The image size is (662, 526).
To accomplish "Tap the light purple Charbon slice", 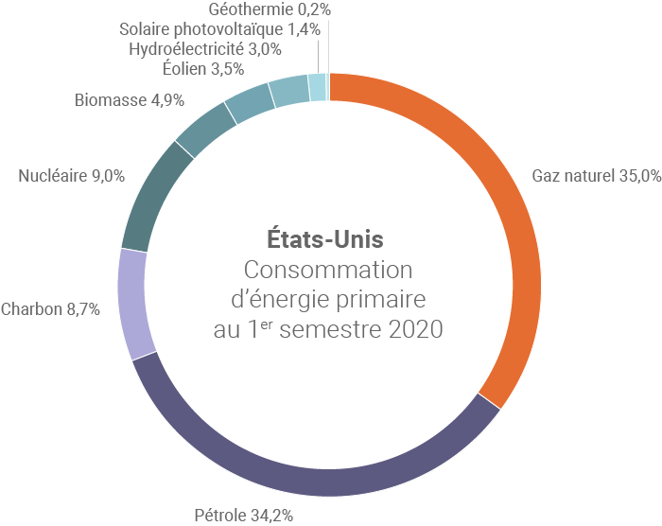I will point(133,303).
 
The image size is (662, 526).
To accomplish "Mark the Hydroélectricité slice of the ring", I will point(288,90).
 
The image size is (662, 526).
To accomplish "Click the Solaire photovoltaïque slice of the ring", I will point(317,86).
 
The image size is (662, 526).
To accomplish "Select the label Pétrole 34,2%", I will point(243,516).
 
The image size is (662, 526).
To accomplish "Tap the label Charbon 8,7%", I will point(51,309).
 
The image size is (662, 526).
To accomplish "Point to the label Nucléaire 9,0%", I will point(72,175).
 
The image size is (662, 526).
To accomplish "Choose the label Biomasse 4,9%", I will point(129,99).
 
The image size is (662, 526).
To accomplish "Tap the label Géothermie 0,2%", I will point(269,9).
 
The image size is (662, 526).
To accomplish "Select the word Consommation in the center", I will point(327,269).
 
